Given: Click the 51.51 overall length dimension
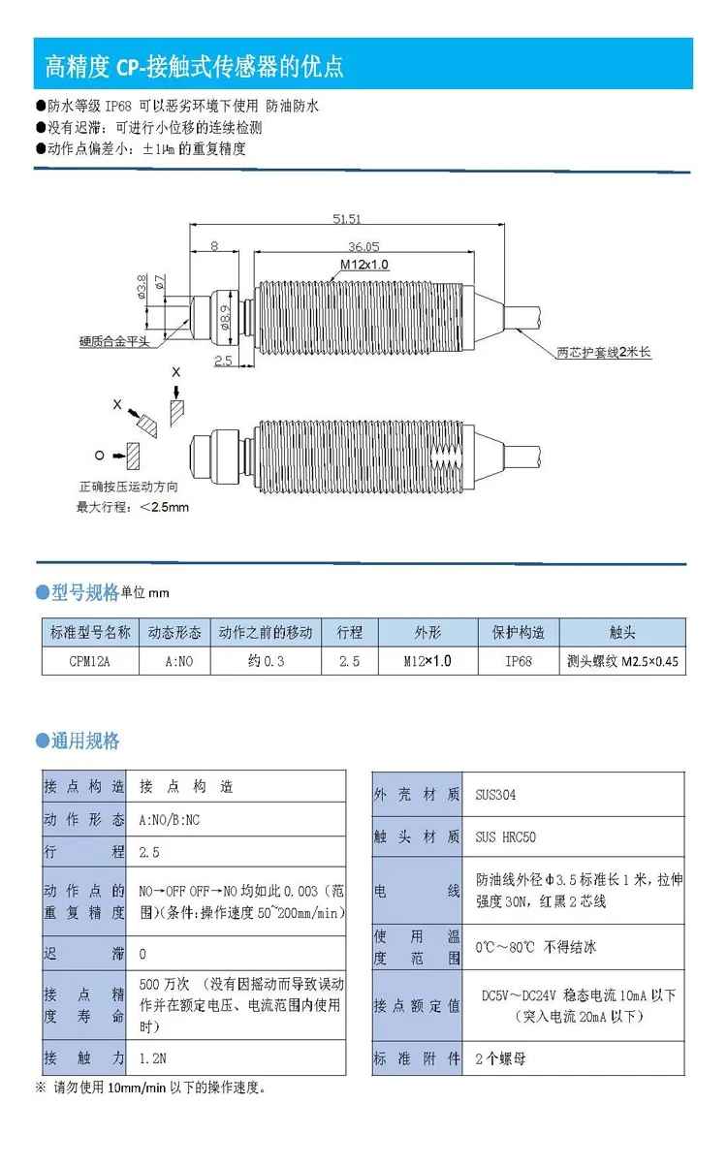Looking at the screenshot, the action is point(347,219).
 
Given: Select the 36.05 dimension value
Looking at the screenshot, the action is point(363,246).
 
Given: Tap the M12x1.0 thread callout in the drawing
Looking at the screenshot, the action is point(364,265).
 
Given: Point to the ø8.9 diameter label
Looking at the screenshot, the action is point(224,317).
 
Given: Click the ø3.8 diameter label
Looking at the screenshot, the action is point(142,287).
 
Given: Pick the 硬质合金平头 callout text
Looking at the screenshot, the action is point(114,342).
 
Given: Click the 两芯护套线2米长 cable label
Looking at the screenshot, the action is point(604,352).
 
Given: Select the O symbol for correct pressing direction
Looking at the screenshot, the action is point(100,456).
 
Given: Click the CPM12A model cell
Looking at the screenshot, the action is point(89,661).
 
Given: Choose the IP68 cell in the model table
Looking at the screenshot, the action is point(519,661).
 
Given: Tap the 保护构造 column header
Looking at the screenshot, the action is point(519,633).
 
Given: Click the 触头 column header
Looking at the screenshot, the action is point(622,633).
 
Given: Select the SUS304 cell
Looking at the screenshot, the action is point(495,795).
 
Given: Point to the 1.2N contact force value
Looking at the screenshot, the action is point(153,1058).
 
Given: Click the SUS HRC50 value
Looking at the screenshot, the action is point(506,836).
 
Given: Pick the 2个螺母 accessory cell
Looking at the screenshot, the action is point(500,1058).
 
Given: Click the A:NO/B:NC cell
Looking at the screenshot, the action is point(170,819).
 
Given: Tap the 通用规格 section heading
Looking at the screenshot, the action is point(85,741).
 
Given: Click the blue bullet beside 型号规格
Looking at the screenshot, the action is point(43,592).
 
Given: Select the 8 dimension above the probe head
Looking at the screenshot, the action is point(214,245).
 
